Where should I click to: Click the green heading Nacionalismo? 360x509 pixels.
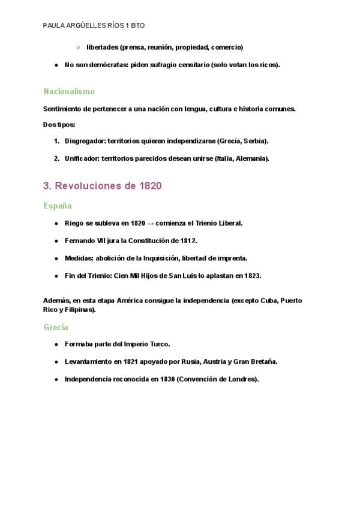[x=69, y=92]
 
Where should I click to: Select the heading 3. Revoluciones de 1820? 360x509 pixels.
[x=103, y=186]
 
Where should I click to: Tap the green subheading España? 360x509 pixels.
[x=58, y=205]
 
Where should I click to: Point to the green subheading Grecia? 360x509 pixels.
[x=56, y=327]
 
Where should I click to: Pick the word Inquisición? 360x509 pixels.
[x=174, y=258]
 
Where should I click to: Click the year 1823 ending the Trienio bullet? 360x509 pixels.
[x=252, y=276]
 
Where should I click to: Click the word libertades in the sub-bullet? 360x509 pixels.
[x=102, y=47]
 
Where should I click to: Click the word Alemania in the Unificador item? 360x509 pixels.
[x=250, y=158]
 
